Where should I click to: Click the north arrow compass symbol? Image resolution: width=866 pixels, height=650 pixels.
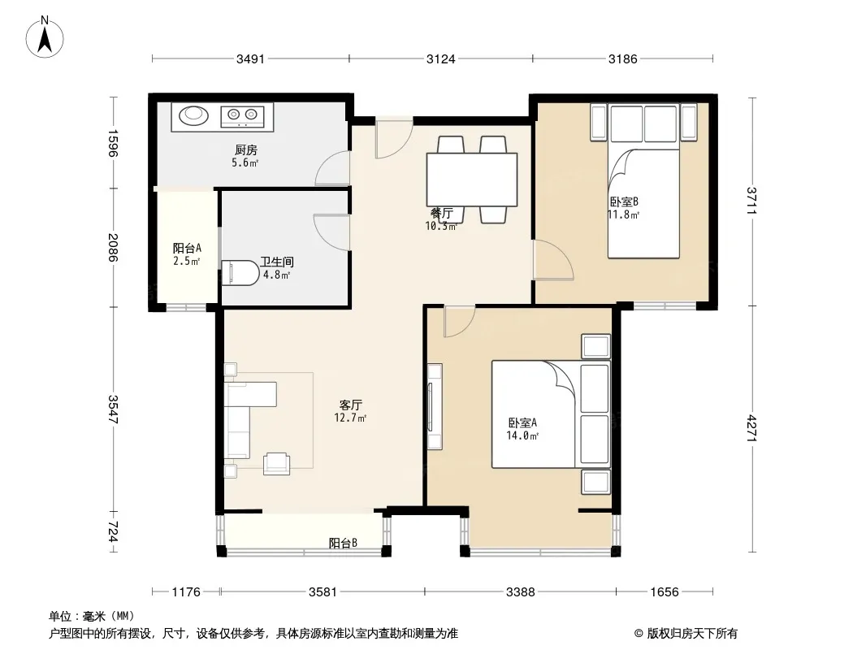point(45,37)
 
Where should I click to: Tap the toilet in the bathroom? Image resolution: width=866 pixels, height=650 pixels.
point(240,273)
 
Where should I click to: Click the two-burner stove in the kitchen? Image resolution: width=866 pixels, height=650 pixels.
point(242,115)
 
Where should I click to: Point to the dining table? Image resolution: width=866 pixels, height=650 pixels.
point(472,180)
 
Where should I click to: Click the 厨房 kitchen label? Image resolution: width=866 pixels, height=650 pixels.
point(246,149)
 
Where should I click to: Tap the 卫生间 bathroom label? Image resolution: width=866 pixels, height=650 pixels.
point(277,262)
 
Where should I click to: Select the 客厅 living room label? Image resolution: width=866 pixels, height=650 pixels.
point(351,405)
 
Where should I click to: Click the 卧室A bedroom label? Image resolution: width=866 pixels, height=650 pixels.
point(522,423)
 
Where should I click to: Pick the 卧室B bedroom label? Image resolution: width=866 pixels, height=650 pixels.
point(624,202)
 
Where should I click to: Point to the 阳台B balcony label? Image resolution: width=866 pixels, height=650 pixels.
point(343,543)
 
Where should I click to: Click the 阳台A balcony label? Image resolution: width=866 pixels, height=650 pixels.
point(187,249)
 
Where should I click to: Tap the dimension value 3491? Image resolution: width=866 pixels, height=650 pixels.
point(250,58)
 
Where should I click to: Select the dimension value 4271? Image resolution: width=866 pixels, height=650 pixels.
point(751,428)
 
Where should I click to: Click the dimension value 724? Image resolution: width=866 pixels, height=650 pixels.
point(113,532)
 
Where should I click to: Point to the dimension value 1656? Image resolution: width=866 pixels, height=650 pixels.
point(664,592)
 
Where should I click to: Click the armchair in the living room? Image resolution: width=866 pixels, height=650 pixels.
point(277,463)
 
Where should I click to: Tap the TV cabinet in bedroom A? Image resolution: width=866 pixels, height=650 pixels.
point(434,406)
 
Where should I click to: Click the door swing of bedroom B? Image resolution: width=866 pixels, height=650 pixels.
point(553,260)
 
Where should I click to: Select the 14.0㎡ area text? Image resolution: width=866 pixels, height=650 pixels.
point(522,435)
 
